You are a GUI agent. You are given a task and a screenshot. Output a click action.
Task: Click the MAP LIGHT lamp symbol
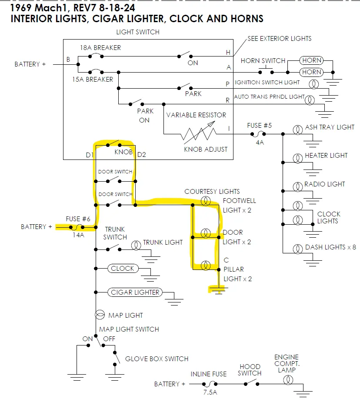point(100,315)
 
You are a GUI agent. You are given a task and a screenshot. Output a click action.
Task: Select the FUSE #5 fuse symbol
point(258,134)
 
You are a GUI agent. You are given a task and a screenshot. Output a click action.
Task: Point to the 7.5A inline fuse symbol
point(210,384)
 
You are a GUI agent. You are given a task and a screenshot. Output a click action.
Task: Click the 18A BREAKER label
point(100,48)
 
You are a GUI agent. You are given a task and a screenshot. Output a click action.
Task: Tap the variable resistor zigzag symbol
point(199,134)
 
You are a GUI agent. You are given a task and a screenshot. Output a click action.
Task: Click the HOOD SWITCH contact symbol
point(251,382)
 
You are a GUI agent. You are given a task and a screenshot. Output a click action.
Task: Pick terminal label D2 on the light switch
point(142,155)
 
